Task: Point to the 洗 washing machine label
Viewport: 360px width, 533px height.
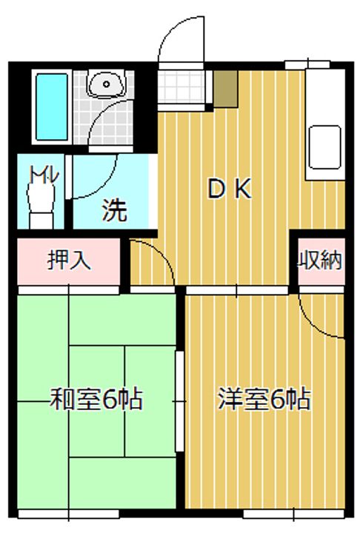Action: pyautogui.click(x=114, y=211)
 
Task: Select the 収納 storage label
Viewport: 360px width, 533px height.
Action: pyautogui.click(x=320, y=261)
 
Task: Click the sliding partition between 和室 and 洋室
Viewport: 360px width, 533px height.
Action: pyautogui.click(x=179, y=400)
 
